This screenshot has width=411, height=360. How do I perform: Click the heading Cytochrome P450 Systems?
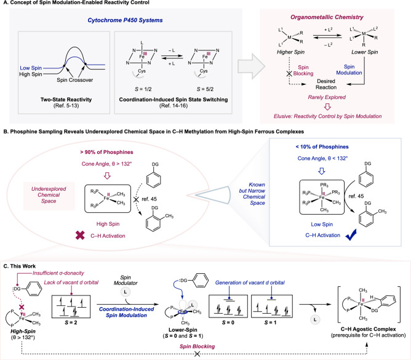pyautogui.click(x=125, y=20)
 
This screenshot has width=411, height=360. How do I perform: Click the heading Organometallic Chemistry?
pyautogui.click(x=327, y=17)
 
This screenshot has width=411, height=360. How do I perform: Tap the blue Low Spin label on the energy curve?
pyautogui.click(x=31, y=68)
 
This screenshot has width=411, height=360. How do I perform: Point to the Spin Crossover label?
pyautogui.click(x=74, y=80)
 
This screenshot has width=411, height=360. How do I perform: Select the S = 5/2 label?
pyautogui.click(x=205, y=89)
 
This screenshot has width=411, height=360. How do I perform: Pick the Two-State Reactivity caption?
pyautogui.click(x=66, y=99)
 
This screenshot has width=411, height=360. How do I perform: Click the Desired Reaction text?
pyautogui.click(x=326, y=84)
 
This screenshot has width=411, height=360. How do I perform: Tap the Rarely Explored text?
pyautogui.click(x=327, y=97)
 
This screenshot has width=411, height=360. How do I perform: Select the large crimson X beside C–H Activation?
pyautogui.click(x=80, y=236)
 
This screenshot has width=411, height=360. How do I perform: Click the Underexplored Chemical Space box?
pyautogui.click(x=49, y=195)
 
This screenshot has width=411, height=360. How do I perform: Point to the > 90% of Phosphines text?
pyautogui.click(x=106, y=152)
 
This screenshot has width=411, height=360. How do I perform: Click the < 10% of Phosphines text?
pyautogui.click(x=322, y=147)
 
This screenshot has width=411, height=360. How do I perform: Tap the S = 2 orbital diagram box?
pyautogui.click(x=71, y=306)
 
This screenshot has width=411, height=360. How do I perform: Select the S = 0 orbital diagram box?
pyautogui.click(x=228, y=306)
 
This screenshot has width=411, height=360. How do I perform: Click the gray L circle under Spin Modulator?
pyautogui.click(x=126, y=292)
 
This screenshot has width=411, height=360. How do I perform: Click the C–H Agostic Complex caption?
pyautogui.click(x=369, y=329)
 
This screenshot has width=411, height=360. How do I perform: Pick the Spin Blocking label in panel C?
pyautogui.click(x=197, y=346)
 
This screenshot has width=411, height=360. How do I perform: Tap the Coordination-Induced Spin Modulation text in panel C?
pyautogui.click(x=126, y=312)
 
